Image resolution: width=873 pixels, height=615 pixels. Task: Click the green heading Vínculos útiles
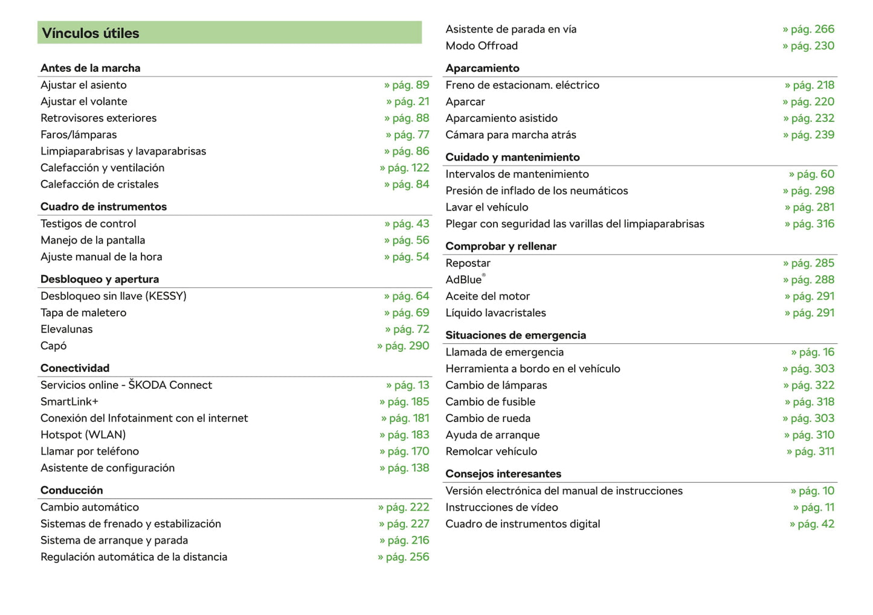click(91, 33)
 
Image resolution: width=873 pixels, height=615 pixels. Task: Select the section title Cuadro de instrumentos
click(103, 206)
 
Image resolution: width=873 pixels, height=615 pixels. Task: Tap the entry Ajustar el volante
click(84, 101)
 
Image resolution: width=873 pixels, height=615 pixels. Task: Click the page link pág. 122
click(405, 168)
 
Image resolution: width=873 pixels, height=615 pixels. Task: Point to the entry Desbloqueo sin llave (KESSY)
click(114, 296)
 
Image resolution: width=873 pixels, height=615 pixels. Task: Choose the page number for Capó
click(404, 346)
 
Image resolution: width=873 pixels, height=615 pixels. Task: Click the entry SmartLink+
click(69, 401)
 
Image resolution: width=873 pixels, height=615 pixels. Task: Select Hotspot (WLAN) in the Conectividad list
click(83, 435)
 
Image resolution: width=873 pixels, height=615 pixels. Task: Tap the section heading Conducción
click(72, 490)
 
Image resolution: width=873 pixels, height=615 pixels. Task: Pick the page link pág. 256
click(404, 557)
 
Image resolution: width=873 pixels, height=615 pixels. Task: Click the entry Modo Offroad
click(482, 46)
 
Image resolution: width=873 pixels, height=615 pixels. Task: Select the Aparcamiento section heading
click(482, 68)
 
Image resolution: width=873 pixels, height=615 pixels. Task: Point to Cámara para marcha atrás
click(511, 135)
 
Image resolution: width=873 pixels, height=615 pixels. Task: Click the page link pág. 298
click(809, 191)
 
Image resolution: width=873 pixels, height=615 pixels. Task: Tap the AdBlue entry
click(464, 279)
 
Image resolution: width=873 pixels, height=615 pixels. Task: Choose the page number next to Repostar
click(809, 263)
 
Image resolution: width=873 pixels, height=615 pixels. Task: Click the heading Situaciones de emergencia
click(515, 335)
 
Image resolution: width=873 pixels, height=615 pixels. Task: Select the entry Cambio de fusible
click(491, 401)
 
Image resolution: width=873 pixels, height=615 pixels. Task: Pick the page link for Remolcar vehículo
click(811, 451)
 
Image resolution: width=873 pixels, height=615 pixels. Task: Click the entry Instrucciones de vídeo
click(501, 508)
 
